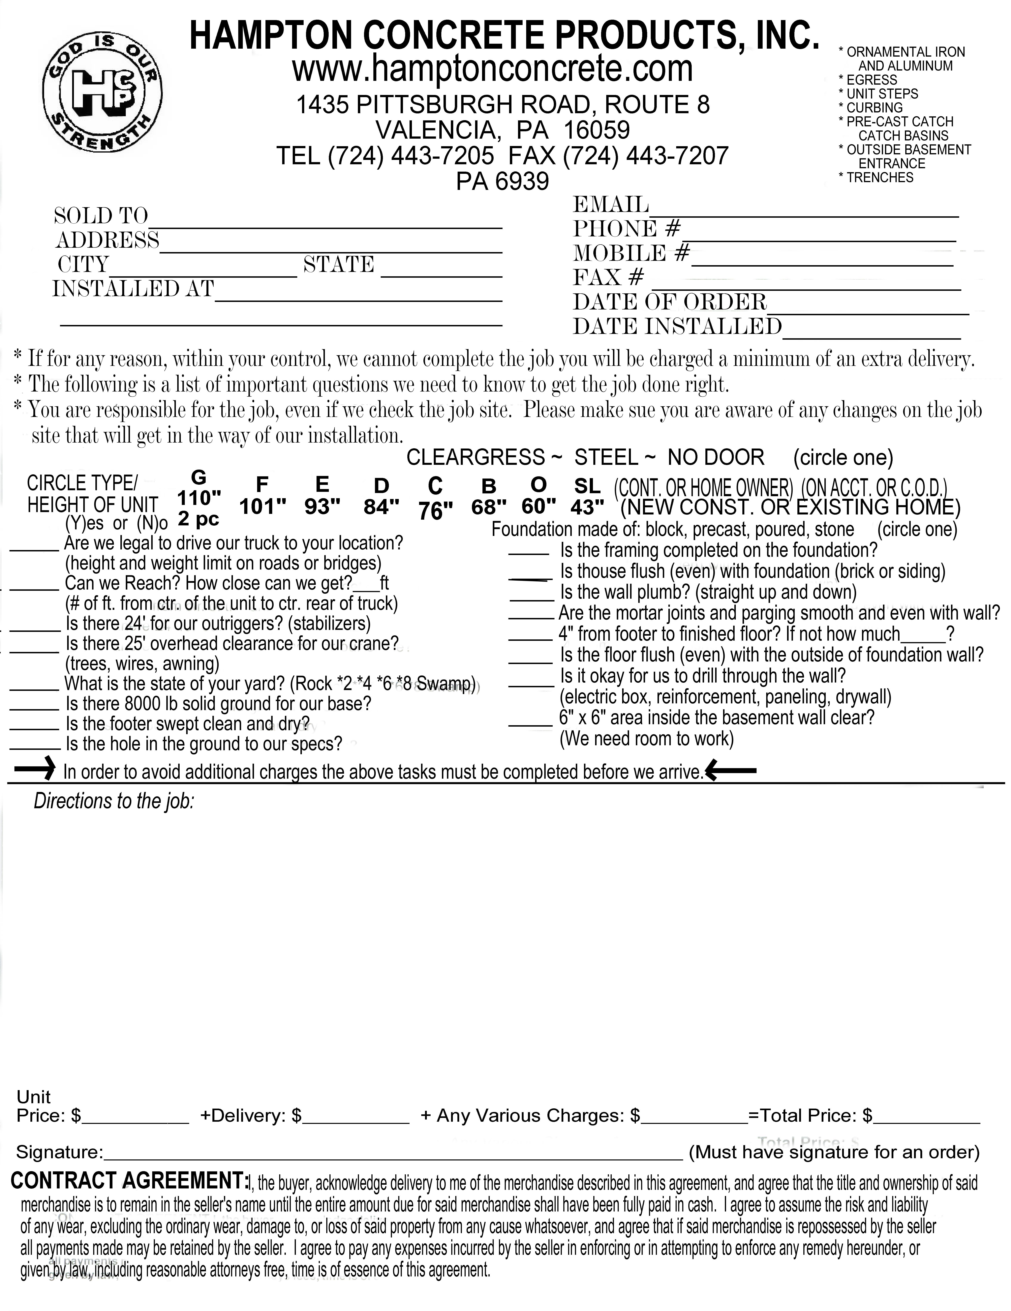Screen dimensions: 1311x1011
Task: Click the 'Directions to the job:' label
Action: pyautogui.click(x=114, y=801)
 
